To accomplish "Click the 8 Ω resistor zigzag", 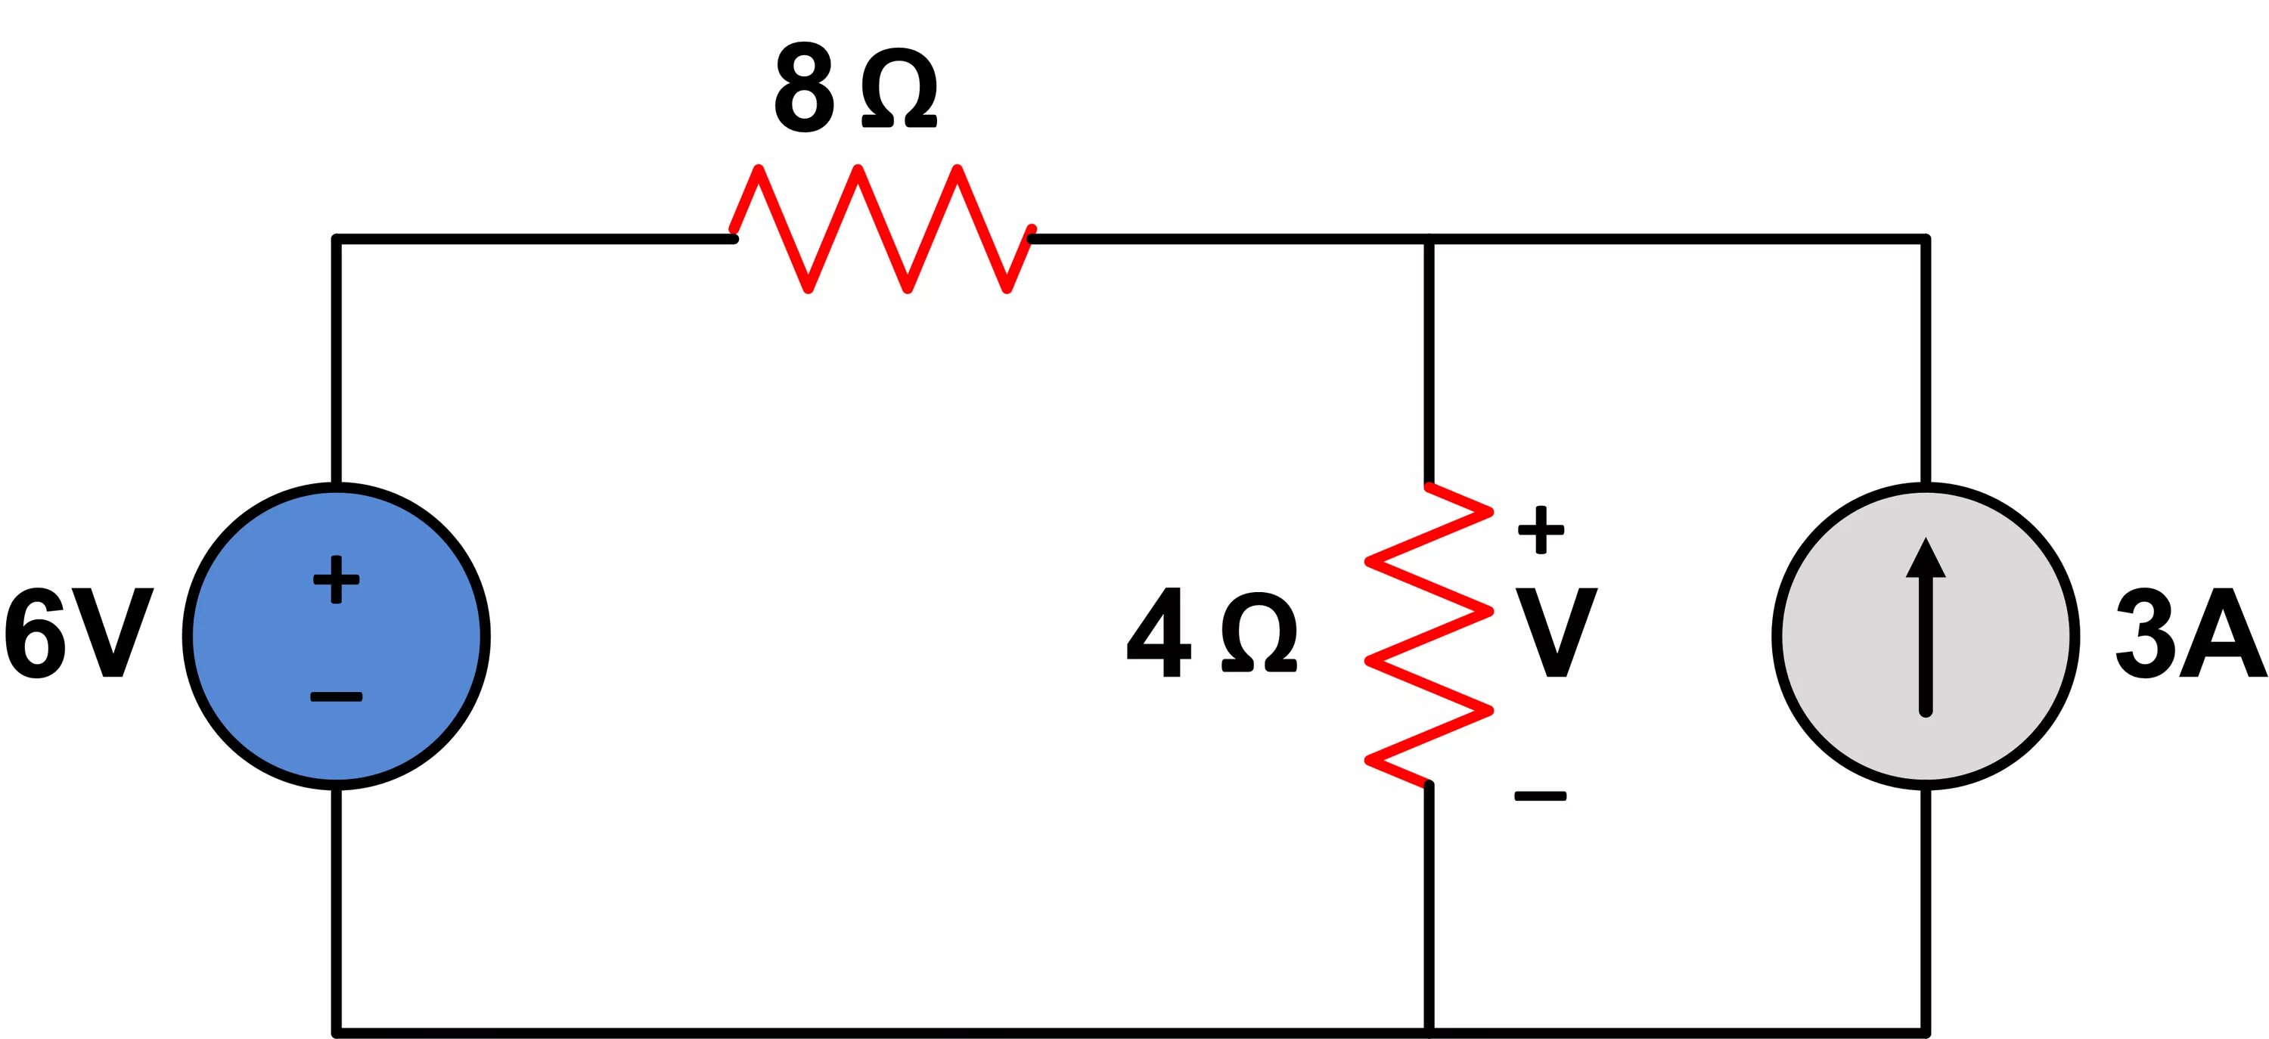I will [x=882, y=229].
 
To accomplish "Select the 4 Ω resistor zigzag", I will [x=1428, y=634].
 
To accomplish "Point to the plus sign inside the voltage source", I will [x=337, y=579].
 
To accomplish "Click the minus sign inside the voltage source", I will [x=337, y=697].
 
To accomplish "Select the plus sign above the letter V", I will [x=1541, y=530].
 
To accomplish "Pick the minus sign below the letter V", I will [x=1541, y=796].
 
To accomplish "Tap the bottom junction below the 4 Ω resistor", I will [x=1429, y=1031].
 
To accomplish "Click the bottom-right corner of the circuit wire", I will [x=1926, y=1031].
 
